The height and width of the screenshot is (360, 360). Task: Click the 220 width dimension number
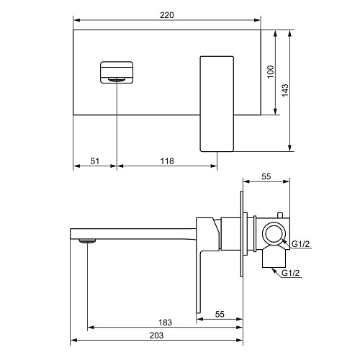[167, 15]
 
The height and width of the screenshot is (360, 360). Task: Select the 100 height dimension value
[271, 71]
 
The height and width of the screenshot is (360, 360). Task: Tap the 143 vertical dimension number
[285, 90]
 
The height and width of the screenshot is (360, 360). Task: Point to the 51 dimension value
[95, 161]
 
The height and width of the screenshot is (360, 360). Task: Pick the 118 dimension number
[167, 161]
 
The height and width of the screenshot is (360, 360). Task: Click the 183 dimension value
[165, 323]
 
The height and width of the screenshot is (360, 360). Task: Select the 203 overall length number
[156, 336]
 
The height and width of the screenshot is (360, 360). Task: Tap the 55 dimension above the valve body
[266, 176]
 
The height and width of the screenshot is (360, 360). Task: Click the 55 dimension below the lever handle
[220, 315]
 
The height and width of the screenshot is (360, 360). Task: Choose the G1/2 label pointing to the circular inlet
[300, 244]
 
